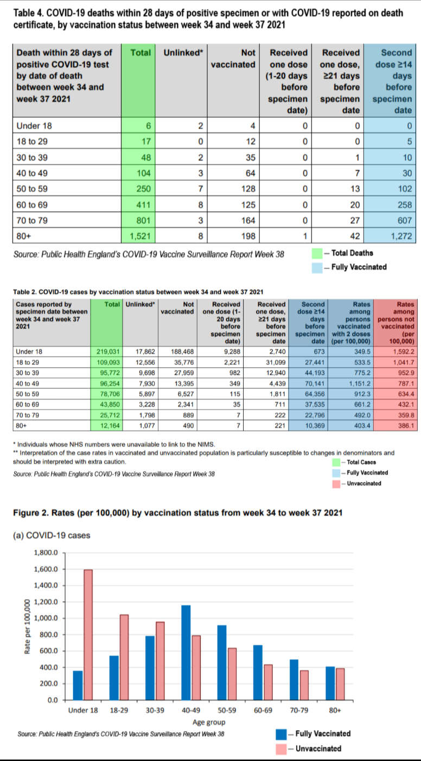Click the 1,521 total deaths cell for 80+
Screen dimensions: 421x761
138,236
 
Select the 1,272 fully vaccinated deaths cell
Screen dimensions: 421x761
390,236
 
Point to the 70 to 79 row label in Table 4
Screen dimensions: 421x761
32,221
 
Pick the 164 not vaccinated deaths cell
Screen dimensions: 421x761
233,221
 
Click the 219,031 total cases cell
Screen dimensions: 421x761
106,351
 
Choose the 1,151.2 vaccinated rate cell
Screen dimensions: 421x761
351,383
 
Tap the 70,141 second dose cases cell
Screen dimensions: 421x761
308,383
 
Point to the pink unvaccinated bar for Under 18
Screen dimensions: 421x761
88,634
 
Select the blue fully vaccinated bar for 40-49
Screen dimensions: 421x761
186,652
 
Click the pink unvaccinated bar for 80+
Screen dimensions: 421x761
340,684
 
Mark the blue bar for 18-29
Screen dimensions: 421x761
114,678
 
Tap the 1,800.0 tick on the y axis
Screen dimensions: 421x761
46,553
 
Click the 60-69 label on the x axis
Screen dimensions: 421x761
263,710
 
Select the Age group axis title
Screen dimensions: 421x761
209,722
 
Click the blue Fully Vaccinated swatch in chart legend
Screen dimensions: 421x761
281,734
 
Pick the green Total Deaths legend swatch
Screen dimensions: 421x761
317,254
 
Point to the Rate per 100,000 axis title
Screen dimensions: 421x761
27,626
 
